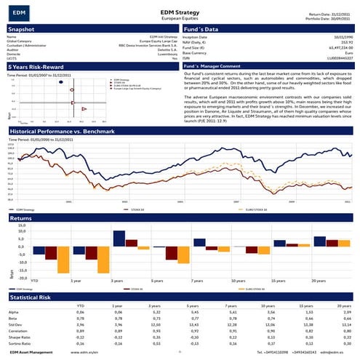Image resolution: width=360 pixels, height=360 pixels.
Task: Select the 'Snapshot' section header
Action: [x=21, y=28]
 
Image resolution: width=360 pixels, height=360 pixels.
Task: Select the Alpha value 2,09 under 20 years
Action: [x=347, y=311]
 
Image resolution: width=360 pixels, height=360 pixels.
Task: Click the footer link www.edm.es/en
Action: [x=85, y=352]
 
